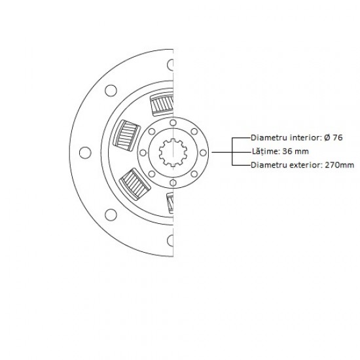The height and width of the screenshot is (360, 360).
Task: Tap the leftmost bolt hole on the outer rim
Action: pyautogui.click(x=85, y=153)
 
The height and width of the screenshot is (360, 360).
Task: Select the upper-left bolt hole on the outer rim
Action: pyautogui.click(x=111, y=90)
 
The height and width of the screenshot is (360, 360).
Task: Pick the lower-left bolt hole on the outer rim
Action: pyautogui.click(x=111, y=215)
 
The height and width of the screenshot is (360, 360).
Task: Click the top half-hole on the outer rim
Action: pyautogui.click(x=170, y=65)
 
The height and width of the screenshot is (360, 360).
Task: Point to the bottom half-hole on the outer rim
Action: pyautogui.click(x=170, y=240)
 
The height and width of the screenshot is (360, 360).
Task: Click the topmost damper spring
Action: pyautogui.click(x=162, y=104)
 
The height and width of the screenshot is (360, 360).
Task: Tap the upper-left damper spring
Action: pyautogui.click(x=126, y=135)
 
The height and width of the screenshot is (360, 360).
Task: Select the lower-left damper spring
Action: pyautogui.click(x=135, y=184)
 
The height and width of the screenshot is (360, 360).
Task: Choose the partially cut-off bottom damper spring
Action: pyautogui.click(x=170, y=203)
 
